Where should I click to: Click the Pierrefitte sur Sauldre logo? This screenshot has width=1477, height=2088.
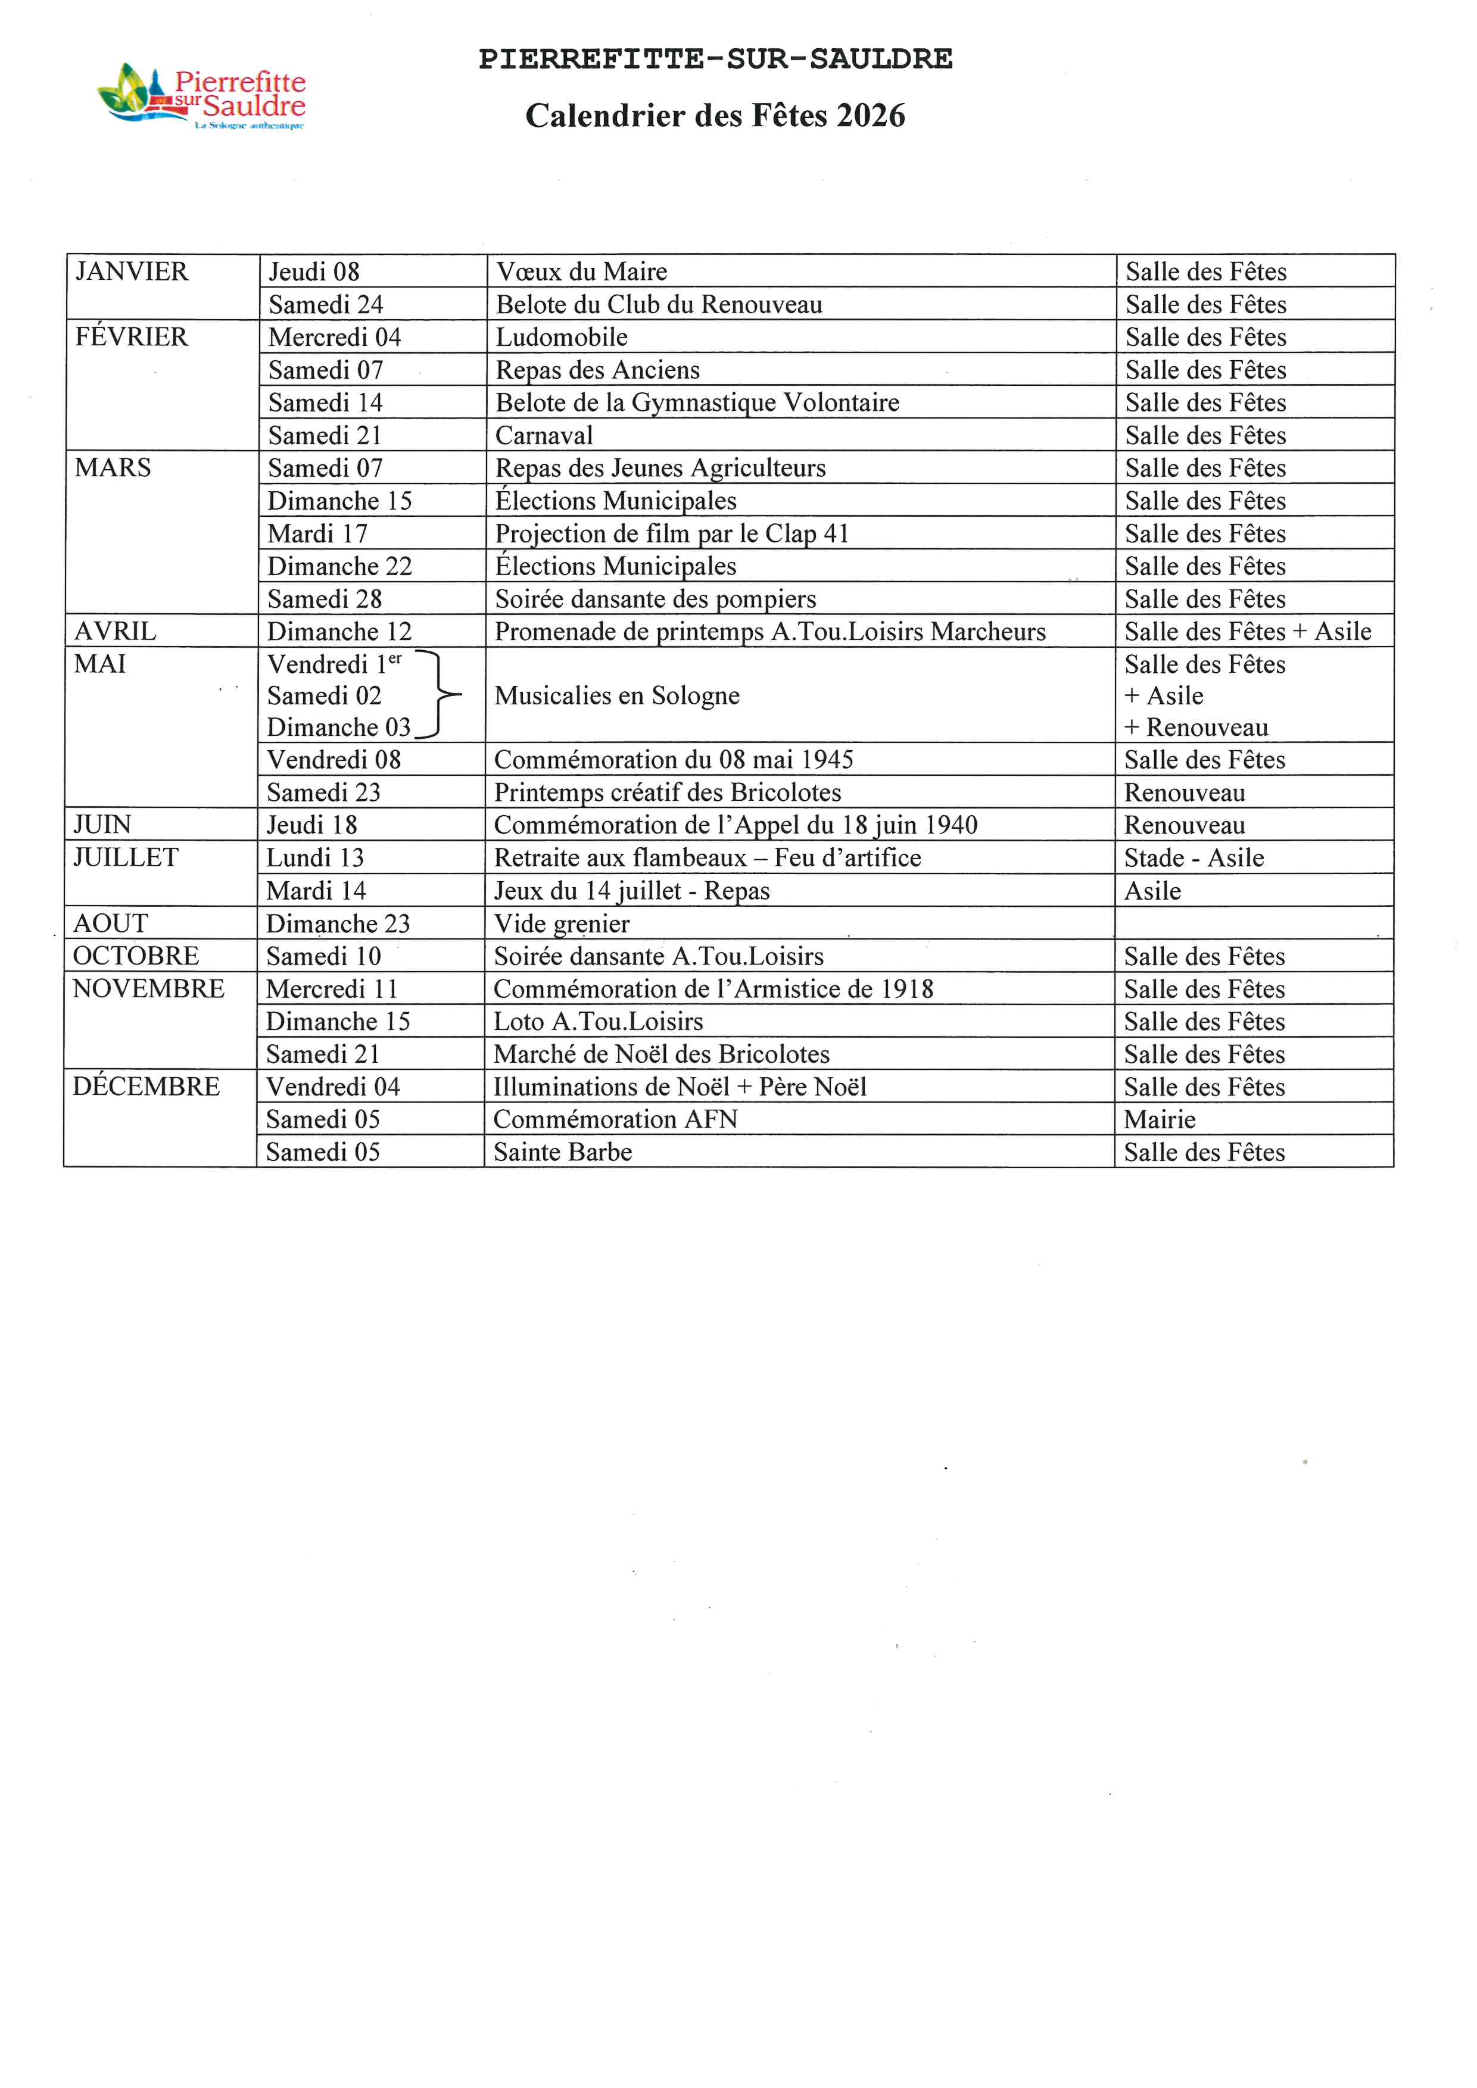(x=202, y=97)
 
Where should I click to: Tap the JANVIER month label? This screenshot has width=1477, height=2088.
(x=132, y=272)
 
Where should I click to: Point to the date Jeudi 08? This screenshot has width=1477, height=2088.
(x=314, y=272)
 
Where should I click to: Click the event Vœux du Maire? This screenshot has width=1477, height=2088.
(x=581, y=272)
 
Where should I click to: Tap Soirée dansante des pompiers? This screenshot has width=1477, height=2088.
(x=655, y=600)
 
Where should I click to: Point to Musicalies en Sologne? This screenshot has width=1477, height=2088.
(x=616, y=695)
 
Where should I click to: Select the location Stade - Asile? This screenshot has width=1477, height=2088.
(x=1194, y=857)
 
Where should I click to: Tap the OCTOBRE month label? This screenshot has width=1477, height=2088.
(x=136, y=956)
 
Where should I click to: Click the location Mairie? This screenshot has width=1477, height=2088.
(x=1160, y=1119)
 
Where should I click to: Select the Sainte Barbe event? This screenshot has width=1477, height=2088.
(x=562, y=1152)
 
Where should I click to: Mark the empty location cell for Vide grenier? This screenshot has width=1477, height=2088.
(x=1253, y=923)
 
